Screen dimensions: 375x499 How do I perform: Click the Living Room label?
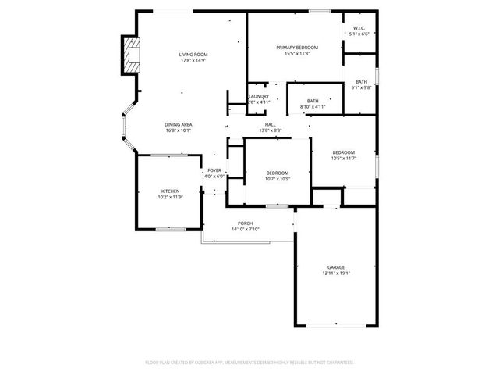188,55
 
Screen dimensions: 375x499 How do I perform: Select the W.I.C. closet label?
359,28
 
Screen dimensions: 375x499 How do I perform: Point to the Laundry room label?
259,96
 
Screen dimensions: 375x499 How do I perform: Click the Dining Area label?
179,124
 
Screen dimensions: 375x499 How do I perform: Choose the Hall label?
271,124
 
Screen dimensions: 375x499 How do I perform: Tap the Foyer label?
214,170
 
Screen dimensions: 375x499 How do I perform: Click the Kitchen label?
171,191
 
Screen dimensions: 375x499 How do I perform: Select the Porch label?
245,223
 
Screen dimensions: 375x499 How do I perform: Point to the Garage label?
336,267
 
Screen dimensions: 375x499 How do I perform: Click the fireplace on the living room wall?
130,55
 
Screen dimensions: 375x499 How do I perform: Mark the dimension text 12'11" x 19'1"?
336,273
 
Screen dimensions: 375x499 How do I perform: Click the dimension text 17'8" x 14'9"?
188,61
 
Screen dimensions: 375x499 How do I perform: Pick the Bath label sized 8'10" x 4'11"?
312,101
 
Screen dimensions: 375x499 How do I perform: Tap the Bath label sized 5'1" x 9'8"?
361,82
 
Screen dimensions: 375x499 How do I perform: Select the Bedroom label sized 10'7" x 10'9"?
278,173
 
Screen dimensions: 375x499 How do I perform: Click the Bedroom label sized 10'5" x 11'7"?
343,152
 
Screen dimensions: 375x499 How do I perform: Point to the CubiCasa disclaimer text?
249,362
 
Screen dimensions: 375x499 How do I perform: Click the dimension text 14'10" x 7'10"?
245,230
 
